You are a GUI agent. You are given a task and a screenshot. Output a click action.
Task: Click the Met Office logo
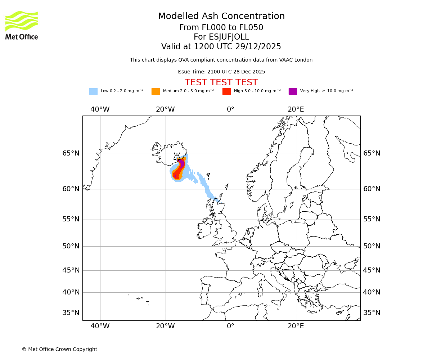[x=22, y=25]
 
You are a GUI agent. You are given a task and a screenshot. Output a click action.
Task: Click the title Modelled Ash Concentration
[x=221, y=17]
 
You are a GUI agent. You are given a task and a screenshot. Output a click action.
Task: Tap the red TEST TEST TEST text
[x=221, y=83]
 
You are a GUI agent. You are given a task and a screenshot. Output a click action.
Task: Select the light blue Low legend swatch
[x=93, y=91]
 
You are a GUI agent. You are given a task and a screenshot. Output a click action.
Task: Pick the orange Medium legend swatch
[x=156, y=91]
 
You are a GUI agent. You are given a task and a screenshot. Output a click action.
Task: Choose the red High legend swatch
[x=226, y=91]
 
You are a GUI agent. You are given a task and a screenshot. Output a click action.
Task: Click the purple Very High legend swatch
[x=293, y=91]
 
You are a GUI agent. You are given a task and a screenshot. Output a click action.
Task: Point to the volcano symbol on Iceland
[x=177, y=156]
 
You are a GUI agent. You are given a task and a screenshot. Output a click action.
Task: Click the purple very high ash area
[x=182, y=163]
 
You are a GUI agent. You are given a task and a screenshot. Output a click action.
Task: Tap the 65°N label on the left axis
[x=71, y=153]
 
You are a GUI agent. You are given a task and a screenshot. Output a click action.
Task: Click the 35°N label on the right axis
[x=372, y=313]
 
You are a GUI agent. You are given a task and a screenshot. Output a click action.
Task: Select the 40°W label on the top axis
[x=100, y=109]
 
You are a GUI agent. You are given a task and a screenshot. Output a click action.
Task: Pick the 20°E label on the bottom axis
[x=296, y=326]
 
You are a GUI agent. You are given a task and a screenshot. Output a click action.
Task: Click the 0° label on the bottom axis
[x=230, y=326]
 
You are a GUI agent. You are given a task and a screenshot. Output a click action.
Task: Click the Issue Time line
[x=221, y=72]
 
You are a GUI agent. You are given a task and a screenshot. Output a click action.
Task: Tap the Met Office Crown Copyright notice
[x=59, y=350]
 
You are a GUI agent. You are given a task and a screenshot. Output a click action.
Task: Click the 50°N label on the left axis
[x=71, y=246]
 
